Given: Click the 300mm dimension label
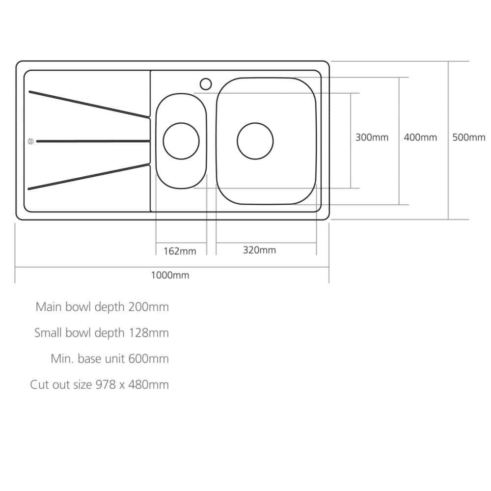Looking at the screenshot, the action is pos(372,137).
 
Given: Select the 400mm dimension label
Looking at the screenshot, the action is pos(420,137).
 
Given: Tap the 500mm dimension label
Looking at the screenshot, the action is pos(469,137).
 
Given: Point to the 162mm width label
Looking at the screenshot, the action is pos(180,251).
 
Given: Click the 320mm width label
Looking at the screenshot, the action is pos(259,250).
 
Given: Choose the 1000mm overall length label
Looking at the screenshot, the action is pos(170,275).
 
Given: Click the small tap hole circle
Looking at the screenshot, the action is pos(206,84).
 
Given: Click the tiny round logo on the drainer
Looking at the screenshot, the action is pos(30,141).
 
